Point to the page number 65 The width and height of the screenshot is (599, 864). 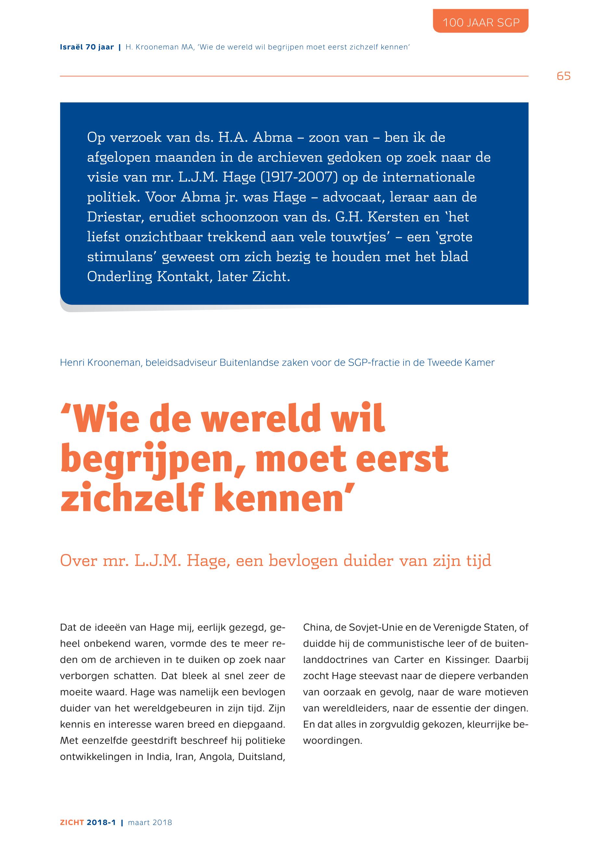click(563, 76)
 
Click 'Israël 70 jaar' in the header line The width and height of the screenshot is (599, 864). click(87, 47)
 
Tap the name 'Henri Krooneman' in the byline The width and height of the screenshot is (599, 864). click(100, 363)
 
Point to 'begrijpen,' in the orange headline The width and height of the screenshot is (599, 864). click(153, 460)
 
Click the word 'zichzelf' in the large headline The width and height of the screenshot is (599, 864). click(131, 499)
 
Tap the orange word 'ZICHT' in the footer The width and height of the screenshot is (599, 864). click(72, 822)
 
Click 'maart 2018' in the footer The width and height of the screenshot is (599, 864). click(150, 822)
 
